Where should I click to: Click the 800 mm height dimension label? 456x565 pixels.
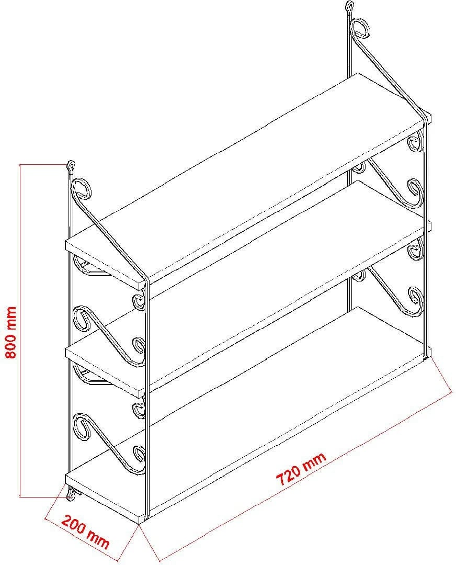pyautogui.click(x=11, y=332)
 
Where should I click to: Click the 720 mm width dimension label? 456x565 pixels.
pyautogui.click(x=301, y=468)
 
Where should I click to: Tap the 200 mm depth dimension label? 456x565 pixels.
pyautogui.click(x=85, y=531)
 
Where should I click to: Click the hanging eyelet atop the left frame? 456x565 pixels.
pyautogui.click(x=71, y=166)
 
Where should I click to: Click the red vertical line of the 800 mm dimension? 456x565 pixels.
pyautogui.click(x=20, y=331)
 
